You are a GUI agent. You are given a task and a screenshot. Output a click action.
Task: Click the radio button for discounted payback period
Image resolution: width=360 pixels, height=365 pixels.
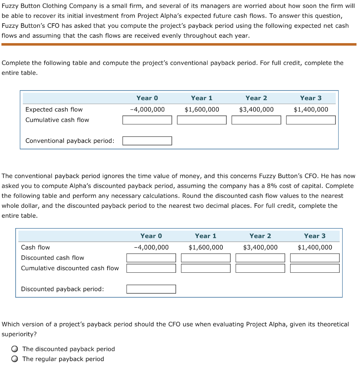click(14, 349)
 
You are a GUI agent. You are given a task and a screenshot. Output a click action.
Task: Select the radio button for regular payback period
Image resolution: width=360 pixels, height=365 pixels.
click(14, 359)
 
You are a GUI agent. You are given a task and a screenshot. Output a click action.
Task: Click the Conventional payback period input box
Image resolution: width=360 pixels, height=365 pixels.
click(147, 141)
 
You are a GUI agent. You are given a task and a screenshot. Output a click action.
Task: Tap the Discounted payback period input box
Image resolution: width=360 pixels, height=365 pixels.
click(151, 289)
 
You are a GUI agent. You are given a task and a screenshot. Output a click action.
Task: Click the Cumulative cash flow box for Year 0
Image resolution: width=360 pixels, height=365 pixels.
click(147, 120)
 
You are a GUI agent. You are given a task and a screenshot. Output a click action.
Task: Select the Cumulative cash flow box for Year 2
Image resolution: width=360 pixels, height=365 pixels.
click(256, 120)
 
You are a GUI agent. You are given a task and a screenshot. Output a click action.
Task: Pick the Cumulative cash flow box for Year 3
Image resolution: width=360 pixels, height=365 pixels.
click(311, 120)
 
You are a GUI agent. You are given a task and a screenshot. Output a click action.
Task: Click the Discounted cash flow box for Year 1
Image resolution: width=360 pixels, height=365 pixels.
click(206, 258)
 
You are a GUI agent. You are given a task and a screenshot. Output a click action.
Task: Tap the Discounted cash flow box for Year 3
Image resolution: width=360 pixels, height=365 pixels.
click(315, 258)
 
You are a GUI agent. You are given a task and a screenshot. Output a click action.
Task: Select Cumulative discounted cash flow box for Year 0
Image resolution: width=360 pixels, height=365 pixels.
click(151, 268)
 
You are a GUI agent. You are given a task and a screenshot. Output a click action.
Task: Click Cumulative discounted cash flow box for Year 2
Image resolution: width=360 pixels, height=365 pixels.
click(260, 268)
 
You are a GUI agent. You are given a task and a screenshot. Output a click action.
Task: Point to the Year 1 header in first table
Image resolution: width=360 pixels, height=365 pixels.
click(201, 98)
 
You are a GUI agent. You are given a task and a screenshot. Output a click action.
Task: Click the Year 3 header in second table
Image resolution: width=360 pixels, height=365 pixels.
click(314, 236)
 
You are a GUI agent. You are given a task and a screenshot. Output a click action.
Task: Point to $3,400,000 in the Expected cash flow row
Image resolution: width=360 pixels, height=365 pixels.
click(256, 109)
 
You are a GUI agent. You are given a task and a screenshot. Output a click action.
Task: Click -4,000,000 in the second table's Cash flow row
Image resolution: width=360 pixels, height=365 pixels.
click(151, 247)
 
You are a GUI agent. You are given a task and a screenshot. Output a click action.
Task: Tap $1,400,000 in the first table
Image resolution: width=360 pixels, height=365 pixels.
click(311, 109)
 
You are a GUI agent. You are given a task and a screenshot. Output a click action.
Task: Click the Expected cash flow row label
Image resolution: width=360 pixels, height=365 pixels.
click(54, 109)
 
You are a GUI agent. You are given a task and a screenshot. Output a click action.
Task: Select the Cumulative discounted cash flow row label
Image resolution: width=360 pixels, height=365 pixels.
click(70, 268)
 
